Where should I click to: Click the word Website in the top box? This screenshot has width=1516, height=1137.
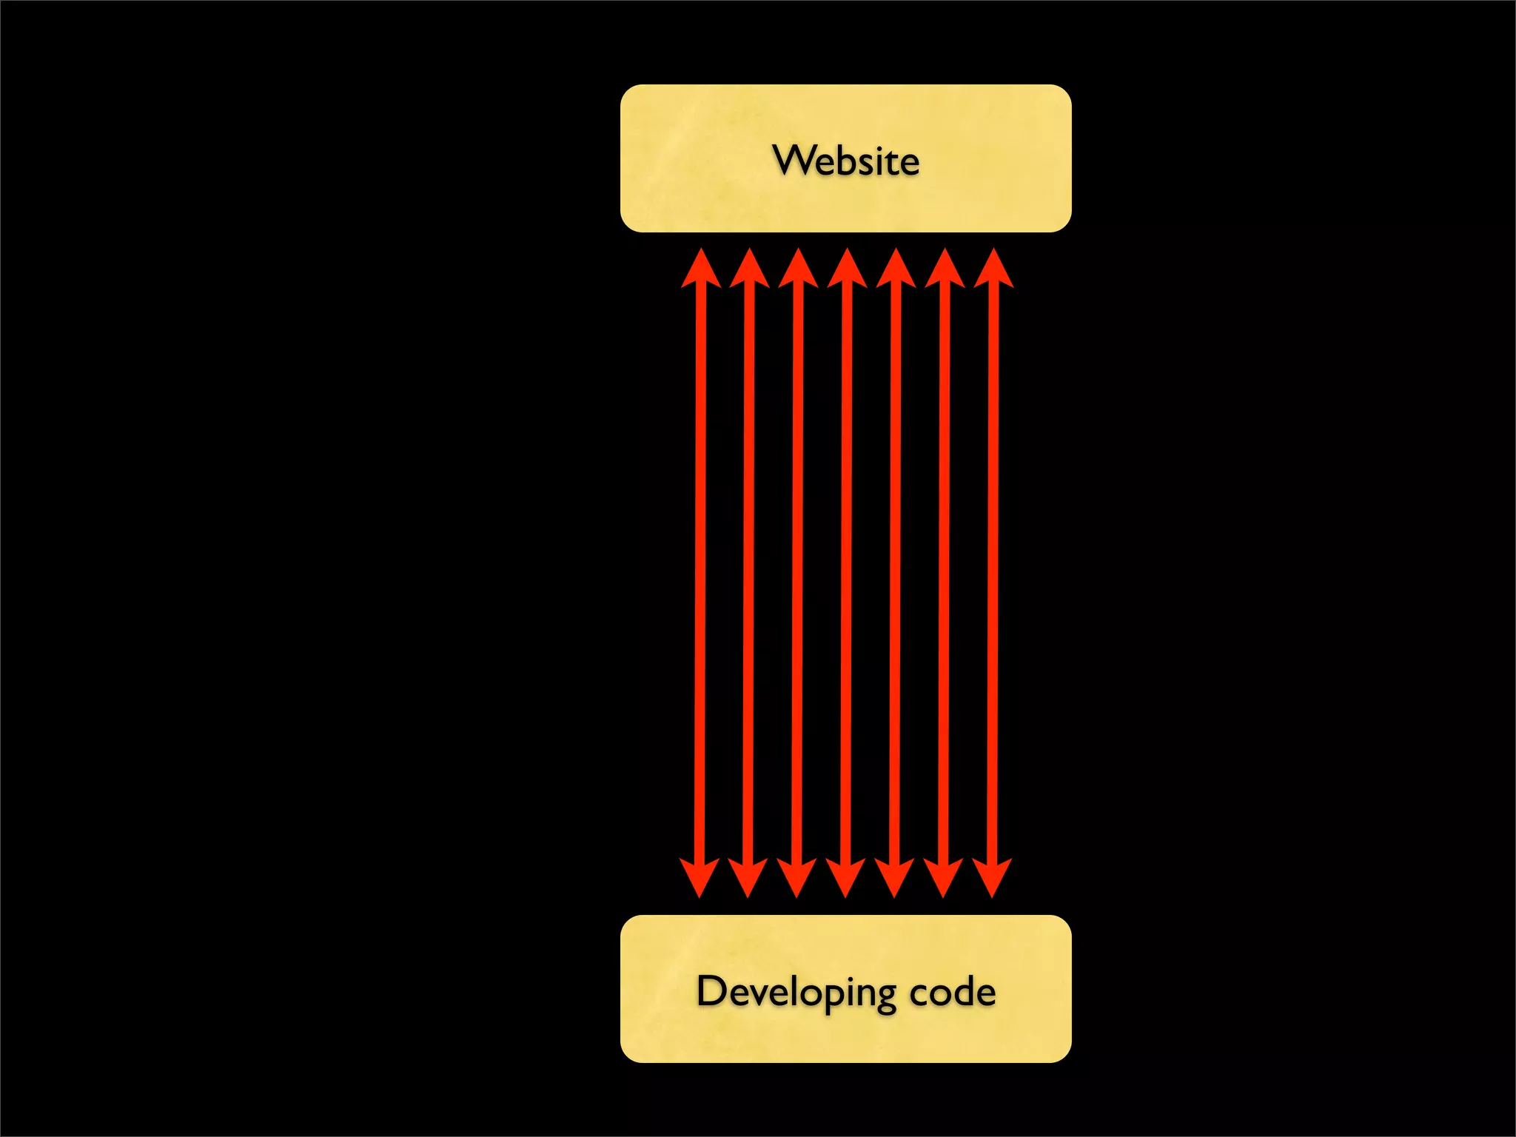(845, 160)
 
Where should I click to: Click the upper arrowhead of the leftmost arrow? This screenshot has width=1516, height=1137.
(700, 271)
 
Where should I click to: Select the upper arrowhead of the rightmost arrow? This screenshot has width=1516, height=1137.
(993, 271)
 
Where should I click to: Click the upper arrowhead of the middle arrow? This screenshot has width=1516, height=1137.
(847, 271)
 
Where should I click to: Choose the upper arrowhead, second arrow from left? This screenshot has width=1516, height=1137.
(749, 271)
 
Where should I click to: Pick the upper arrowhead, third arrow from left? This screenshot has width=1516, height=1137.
(798, 271)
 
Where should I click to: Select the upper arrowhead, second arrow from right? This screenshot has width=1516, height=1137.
(945, 271)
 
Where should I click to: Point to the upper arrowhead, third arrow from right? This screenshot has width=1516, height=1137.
(896, 271)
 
